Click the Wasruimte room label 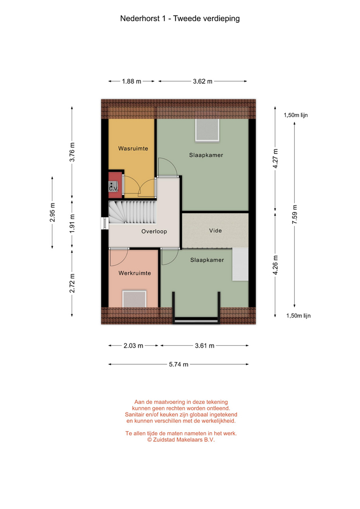click(133, 148)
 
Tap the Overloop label click(154, 232)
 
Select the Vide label click(216, 231)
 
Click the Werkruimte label click(135, 273)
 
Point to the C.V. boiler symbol click(113, 187)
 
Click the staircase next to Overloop click(133, 212)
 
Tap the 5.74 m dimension click(179, 364)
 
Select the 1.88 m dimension click(131, 81)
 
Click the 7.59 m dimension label click(294, 214)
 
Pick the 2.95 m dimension click(52, 212)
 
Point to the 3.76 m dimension click(72, 152)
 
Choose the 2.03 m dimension click(134, 346)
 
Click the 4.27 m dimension click(275, 158)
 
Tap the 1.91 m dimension click(72, 224)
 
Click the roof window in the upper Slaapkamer click(207, 130)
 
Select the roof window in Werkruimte click(134, 299)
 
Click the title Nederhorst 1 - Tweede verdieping click(180, 19)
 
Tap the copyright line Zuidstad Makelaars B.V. click(181, 440)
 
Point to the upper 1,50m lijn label click(296, 115)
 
